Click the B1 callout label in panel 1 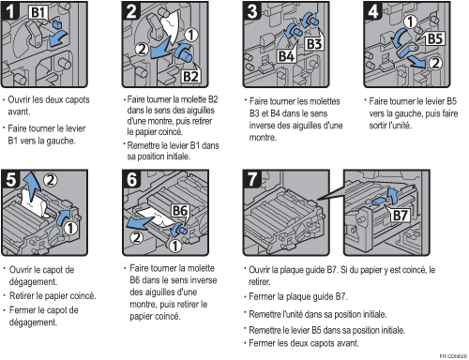38,12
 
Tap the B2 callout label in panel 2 190,77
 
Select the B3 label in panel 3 314,44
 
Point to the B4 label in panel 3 286,56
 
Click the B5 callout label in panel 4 435,39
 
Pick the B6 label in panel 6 180,211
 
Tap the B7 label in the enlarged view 401,216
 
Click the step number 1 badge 10,11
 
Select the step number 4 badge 373,11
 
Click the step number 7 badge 252,179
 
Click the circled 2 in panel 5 51,180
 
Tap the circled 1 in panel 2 191,35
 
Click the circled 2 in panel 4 435,64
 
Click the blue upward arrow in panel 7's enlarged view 392,195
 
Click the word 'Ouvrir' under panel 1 20,100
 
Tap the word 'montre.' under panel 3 263,138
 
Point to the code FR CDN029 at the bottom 453,356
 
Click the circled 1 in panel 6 175,246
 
